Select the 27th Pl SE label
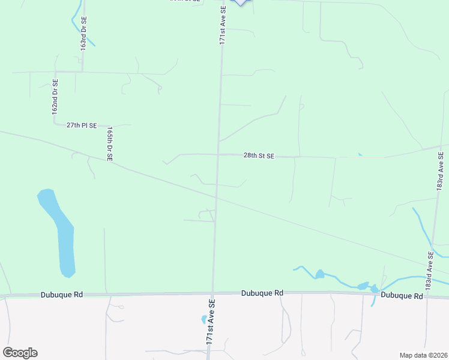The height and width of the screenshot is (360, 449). point(82,125)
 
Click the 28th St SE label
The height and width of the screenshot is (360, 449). point(259,155)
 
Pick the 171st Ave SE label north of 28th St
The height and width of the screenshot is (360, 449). point(222,25)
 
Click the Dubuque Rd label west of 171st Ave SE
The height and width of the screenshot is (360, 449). point(62,295)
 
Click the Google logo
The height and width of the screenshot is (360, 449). point(20,353)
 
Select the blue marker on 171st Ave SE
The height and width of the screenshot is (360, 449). point(240,2)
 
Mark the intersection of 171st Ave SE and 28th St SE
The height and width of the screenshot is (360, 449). point(218,154)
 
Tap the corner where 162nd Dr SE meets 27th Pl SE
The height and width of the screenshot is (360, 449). point(55,124)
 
